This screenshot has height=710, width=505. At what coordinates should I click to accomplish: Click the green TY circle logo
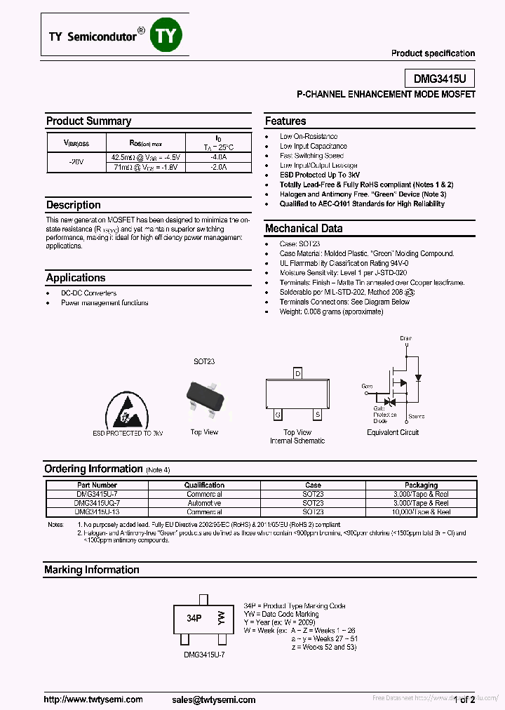pos(166,36)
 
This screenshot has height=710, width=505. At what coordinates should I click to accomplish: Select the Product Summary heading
pos(88,121)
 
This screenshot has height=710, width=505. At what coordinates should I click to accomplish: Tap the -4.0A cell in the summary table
pos(218,158)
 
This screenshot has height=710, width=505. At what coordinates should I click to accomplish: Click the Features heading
pos(285,121)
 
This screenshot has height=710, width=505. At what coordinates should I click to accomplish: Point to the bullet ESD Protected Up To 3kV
pos(320,175)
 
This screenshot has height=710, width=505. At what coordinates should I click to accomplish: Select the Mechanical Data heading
pos(304,228)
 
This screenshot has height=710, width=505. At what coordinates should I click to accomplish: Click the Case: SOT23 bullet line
pos(299,243)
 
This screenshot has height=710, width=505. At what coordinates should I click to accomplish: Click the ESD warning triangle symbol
pos(126,410)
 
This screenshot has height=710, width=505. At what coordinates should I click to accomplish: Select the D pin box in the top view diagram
pos(297,373)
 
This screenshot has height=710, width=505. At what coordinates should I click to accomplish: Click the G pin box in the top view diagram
pos(278,414)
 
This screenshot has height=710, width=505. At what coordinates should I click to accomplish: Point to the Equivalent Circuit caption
pos(393,432)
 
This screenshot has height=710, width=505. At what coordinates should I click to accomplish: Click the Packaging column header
pos(421,485)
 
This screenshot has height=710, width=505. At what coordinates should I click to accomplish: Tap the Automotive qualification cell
pos(204,503)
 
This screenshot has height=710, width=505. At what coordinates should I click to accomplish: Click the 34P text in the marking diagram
pos(194,619)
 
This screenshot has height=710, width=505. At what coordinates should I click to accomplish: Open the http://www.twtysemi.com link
pos(93,699)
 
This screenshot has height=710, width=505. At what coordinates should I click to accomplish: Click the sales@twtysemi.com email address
pos(213,699)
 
